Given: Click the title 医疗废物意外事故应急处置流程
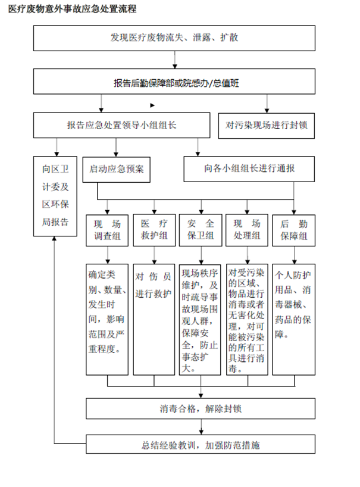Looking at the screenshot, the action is click(73, 9).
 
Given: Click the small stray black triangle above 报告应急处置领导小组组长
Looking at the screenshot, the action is click(152, 105).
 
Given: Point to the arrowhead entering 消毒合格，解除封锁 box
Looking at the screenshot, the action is click(201, 396).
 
